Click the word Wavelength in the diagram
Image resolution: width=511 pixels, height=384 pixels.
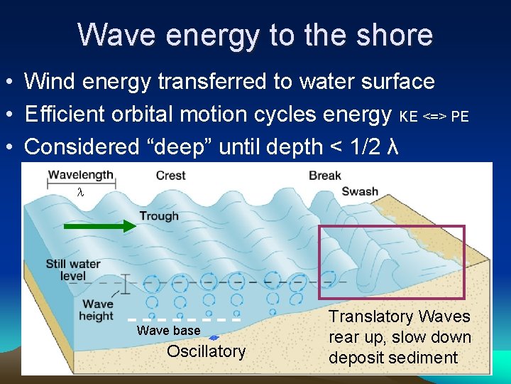(x=79, y=174)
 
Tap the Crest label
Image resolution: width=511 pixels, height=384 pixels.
(x=170, y=175)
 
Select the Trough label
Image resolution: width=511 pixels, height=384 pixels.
(x=159, y=215)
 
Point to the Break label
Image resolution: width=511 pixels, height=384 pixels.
(x=325, y=175)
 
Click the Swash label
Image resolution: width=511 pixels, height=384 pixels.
(x=360, y=191)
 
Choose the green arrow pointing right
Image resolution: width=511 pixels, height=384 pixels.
(x=100, y=227)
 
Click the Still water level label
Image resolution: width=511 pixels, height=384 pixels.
(x=73, y=270)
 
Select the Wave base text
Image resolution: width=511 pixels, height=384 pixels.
(x=168, y=331)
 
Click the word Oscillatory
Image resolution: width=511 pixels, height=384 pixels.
(x=206, y=351)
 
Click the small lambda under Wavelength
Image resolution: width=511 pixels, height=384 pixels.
(x=80, y=192)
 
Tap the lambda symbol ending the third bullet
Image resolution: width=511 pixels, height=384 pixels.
(x=395, y=146)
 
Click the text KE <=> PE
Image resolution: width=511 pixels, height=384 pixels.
(x=434, y=116)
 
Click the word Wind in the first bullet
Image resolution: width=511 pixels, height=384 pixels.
(x=49, y=81)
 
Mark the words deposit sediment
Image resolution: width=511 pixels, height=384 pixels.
(x=392, y=357)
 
